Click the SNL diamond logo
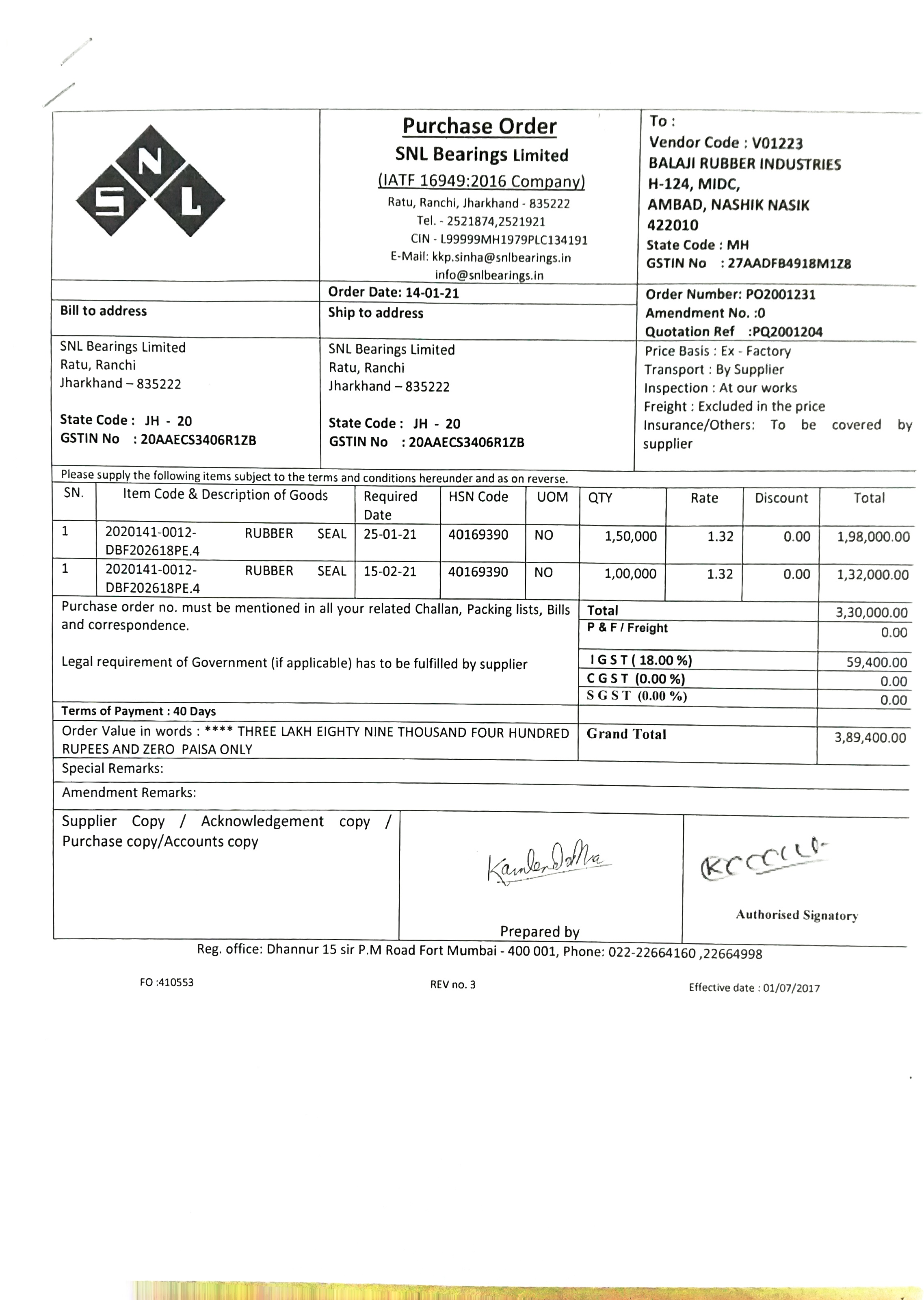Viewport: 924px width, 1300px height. tap(151, 181)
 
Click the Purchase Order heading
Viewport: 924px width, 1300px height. tap(479, 126)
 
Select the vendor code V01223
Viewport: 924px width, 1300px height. tap(777, 143)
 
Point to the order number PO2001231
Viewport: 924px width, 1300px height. tap(781, 295)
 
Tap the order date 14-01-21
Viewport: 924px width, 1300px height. tap(432, 293)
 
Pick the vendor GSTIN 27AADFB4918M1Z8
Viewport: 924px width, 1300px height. tap(789, 263)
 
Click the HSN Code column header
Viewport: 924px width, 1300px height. tap(478, 497)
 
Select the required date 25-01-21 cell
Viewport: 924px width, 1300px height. tap(390, 535)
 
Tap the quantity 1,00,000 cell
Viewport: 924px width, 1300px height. tap(630, 574)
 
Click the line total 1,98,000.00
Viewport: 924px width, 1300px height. tap(873, 537)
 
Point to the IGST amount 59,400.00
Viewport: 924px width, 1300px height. tap(876, 662)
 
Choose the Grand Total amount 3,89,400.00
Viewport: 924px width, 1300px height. tap(870, 738)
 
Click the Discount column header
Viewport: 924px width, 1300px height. tap(781, 498)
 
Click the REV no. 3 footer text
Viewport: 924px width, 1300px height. tap(452, 985)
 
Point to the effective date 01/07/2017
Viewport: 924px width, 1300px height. tap(791, 988)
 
